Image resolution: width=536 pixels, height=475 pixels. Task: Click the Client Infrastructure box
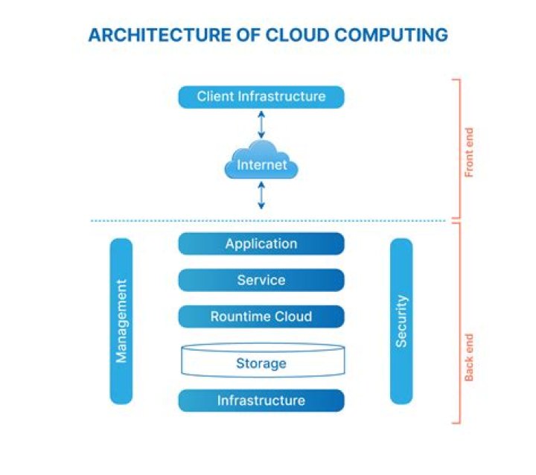(261, 97)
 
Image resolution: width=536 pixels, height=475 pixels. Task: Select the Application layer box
(261, 243)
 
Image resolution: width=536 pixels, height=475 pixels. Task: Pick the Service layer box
(261, 280)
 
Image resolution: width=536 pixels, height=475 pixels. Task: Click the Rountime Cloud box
(261, 316)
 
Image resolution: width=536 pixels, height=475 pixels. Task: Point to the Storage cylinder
(261, 362)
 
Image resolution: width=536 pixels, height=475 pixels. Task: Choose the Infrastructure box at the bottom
(261, 401)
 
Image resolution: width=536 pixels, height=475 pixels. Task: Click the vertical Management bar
(121, 321)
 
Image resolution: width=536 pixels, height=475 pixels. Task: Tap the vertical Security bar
(401, 321)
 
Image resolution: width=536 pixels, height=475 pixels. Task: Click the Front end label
(469, 152)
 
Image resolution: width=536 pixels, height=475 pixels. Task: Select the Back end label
(469, 357)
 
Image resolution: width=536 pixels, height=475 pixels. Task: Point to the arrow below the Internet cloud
(261, 195)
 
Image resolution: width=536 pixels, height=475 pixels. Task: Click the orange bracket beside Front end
(458, 149)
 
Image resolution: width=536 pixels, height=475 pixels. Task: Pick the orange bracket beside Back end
(458, 324)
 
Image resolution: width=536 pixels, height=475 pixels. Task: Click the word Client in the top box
(216, 97)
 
